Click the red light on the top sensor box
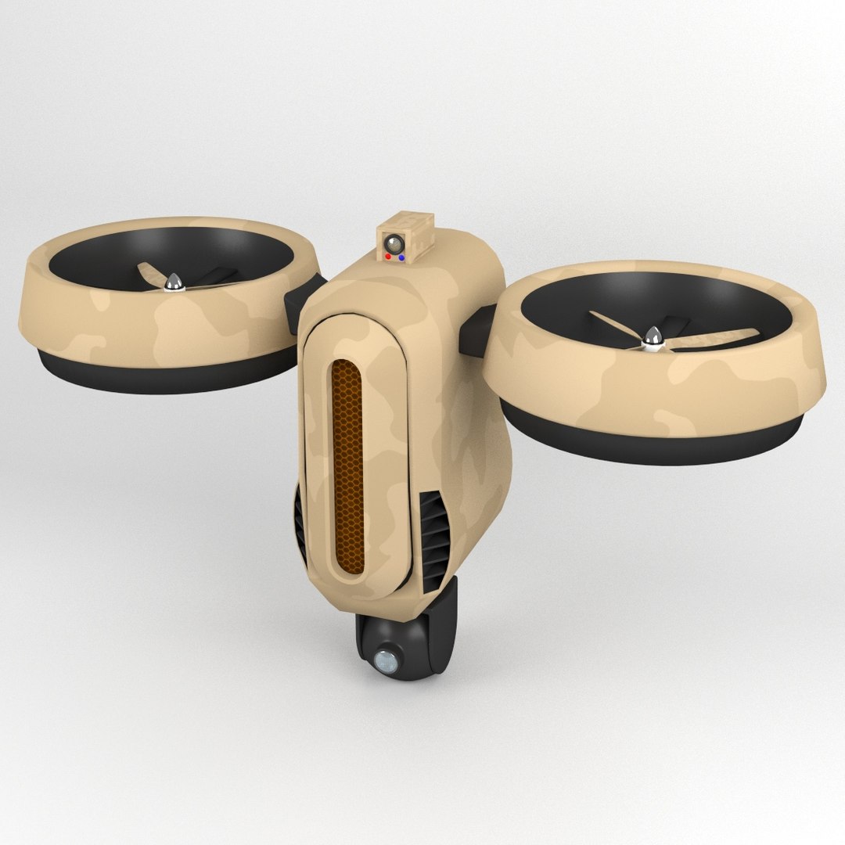point(389,255)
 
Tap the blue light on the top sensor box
point(401,256)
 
